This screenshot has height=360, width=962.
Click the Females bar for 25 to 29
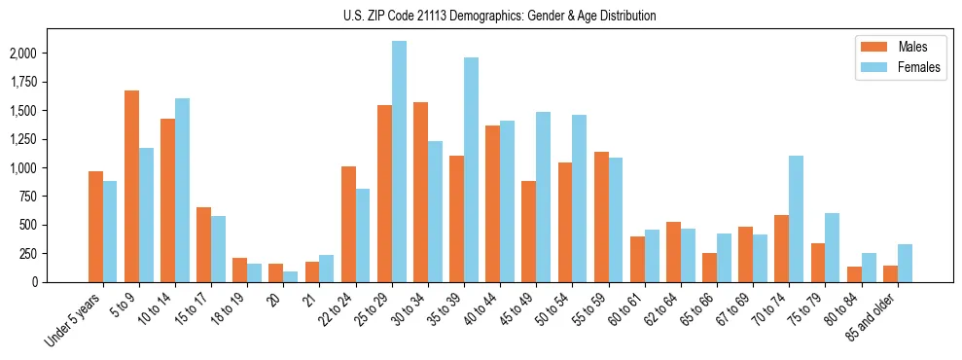[x=399, y=162]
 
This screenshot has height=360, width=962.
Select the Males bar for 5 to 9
[x=131, y=186]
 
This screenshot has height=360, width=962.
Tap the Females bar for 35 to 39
[x=471, y=169]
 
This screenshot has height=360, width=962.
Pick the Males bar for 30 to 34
[x=420, y=192]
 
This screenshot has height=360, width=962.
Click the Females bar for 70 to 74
[x=796, y=219]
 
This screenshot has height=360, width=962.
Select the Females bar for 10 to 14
[x=182, y=190]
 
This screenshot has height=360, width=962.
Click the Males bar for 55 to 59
[x=601, y=217]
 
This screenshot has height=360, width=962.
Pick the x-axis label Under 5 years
[x=74, y=320]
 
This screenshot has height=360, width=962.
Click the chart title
[x=500, y=16]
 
